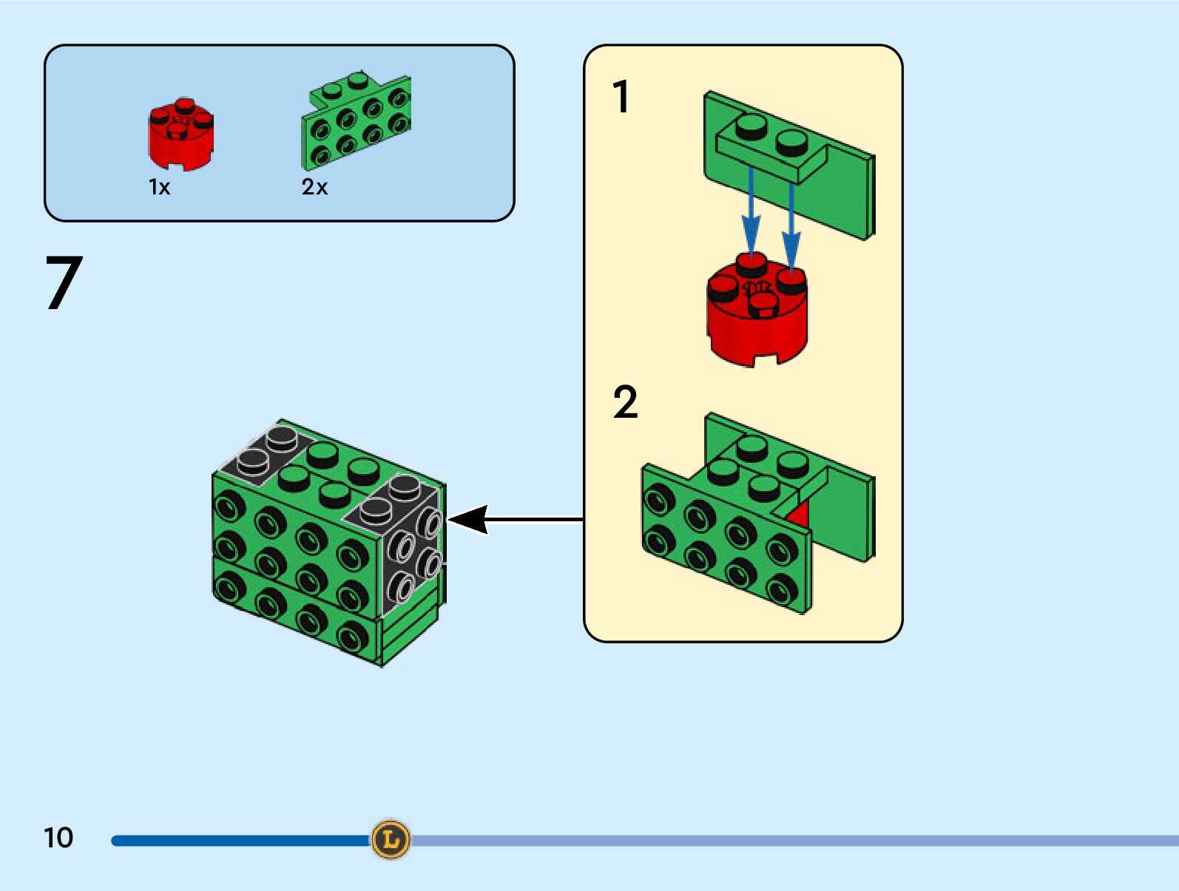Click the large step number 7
pos(64,282)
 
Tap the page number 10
pos(58,838)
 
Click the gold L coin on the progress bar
pos(390,839)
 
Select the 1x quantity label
pos(159,187)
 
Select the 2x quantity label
pos(314,187)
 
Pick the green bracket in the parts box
pos(357,122)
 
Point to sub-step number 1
pos(621,97)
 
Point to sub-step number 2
pos(625,403)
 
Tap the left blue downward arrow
pos(751,214)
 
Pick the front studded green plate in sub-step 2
pos(721,540)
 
